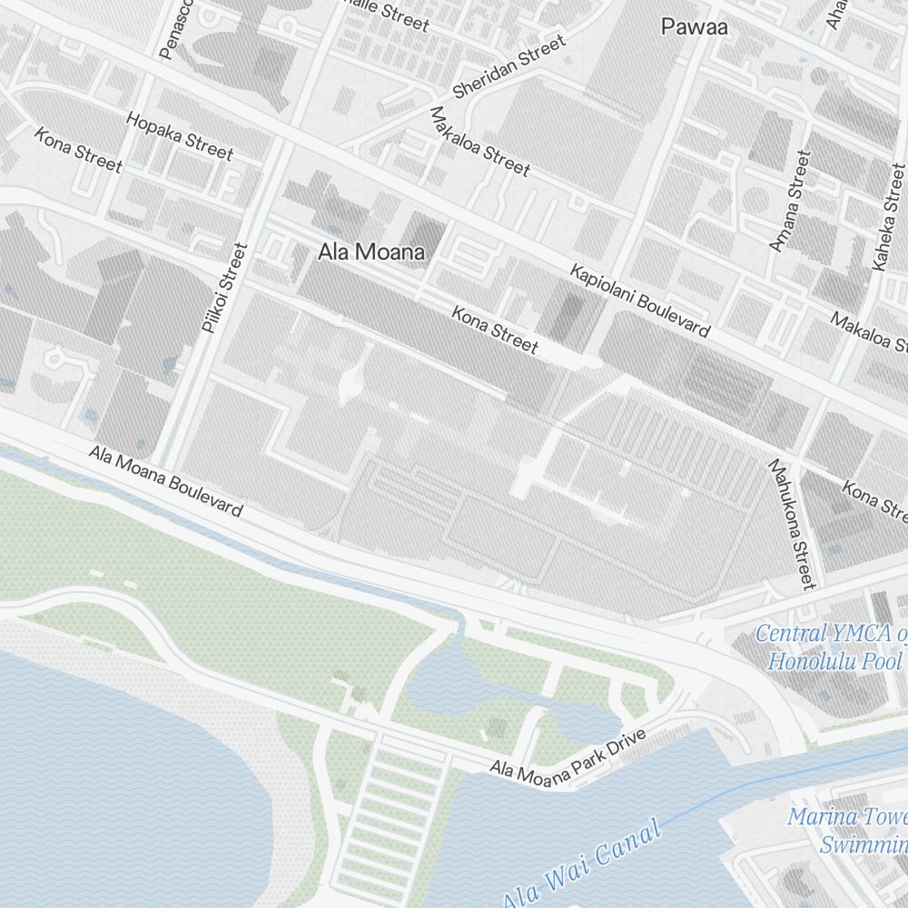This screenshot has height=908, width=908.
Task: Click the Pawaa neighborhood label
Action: click(694, 27)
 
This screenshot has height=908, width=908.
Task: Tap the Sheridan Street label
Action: click(508, 67)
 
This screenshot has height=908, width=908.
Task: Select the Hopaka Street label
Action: click(179, 135)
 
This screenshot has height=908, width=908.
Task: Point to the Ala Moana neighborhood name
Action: click(370, 252)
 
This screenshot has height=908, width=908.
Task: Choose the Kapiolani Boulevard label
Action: click(639, 300)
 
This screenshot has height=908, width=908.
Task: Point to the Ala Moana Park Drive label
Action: click(567, 755)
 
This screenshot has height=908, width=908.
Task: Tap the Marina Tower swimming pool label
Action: click(849, 830)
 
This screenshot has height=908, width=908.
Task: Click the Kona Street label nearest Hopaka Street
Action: click(78, 150)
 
